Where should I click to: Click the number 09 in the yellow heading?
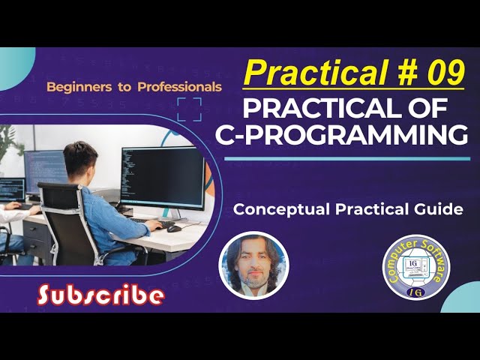coord(442,73)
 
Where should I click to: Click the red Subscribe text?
coord(100,295)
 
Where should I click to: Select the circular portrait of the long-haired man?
coord(253,265)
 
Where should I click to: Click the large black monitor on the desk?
coord(162,176)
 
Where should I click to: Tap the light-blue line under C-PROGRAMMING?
coord(346,158)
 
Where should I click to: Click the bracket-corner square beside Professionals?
coord(189,109)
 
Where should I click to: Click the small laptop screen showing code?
coord(11,189)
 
